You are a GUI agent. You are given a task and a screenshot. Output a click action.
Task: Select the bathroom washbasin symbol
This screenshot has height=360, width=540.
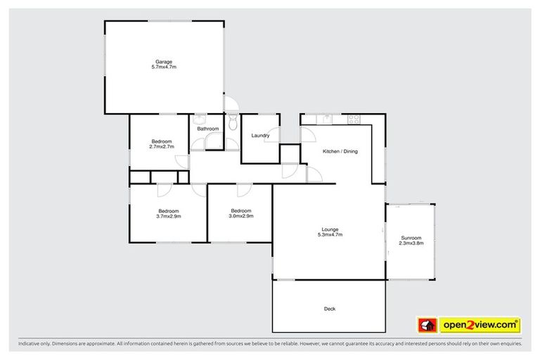point(200,119)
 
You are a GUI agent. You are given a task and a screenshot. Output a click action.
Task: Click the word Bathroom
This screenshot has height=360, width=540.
point(207,129)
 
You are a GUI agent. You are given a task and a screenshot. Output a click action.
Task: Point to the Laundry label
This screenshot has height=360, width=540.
point(260,136)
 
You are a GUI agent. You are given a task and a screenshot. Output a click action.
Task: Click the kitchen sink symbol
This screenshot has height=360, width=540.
point(327,117)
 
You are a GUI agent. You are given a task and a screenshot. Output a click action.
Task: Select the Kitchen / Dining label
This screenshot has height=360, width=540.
point(340,152)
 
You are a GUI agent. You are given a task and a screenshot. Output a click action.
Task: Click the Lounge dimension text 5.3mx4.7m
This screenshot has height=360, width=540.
point(330,235)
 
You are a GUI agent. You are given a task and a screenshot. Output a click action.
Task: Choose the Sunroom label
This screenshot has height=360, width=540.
point(411,238)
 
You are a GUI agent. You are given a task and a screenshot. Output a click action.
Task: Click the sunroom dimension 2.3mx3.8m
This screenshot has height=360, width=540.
point(411,243)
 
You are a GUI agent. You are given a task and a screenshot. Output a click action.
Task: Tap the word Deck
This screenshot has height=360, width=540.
point(329,309)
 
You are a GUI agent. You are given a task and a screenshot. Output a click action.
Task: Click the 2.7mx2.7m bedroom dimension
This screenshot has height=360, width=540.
point(162,147)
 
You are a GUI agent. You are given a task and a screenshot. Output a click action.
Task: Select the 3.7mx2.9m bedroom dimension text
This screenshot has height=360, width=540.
point(169,217)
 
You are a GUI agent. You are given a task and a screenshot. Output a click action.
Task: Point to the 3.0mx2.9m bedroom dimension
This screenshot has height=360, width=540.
point(240,217)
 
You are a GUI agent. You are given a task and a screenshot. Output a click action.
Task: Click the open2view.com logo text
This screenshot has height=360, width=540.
point(480,325)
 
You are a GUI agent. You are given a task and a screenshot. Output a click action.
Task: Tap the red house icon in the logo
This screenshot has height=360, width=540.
point(427,325)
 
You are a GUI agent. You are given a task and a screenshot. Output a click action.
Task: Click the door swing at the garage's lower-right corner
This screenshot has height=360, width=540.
point(231,105)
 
